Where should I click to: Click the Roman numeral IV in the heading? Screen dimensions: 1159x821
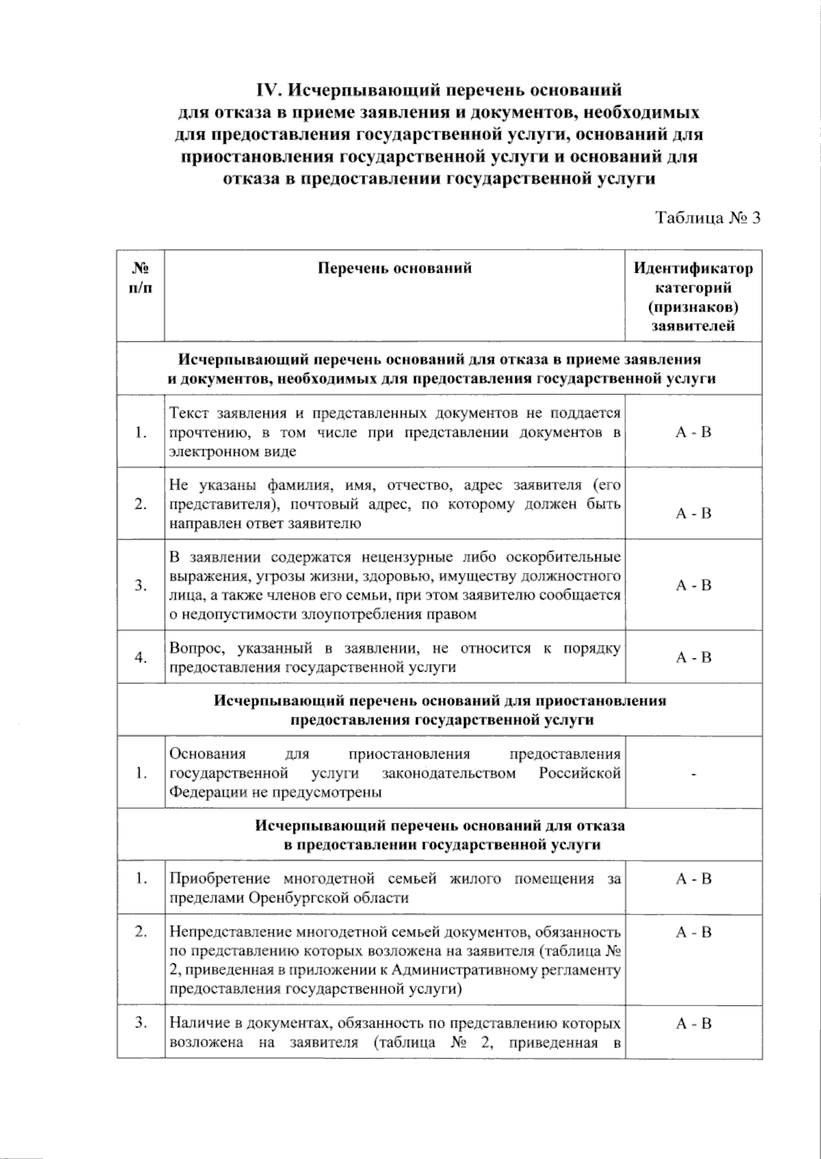[267, 90]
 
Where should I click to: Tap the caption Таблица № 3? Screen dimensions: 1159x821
[708, 218]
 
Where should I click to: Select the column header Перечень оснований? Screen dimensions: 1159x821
[395, 268]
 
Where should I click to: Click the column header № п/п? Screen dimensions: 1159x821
[140, 277]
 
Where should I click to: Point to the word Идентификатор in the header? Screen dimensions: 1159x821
[693, 268]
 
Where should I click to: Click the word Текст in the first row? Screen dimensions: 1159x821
[190, 413]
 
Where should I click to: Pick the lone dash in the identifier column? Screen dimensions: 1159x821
[694, 774]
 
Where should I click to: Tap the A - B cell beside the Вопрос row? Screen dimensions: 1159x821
[693, 658]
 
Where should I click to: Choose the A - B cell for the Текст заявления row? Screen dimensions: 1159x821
[693, 432]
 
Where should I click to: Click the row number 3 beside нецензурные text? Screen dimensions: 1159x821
[140, 585]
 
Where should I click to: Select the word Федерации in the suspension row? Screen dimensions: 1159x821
[203, 793]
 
